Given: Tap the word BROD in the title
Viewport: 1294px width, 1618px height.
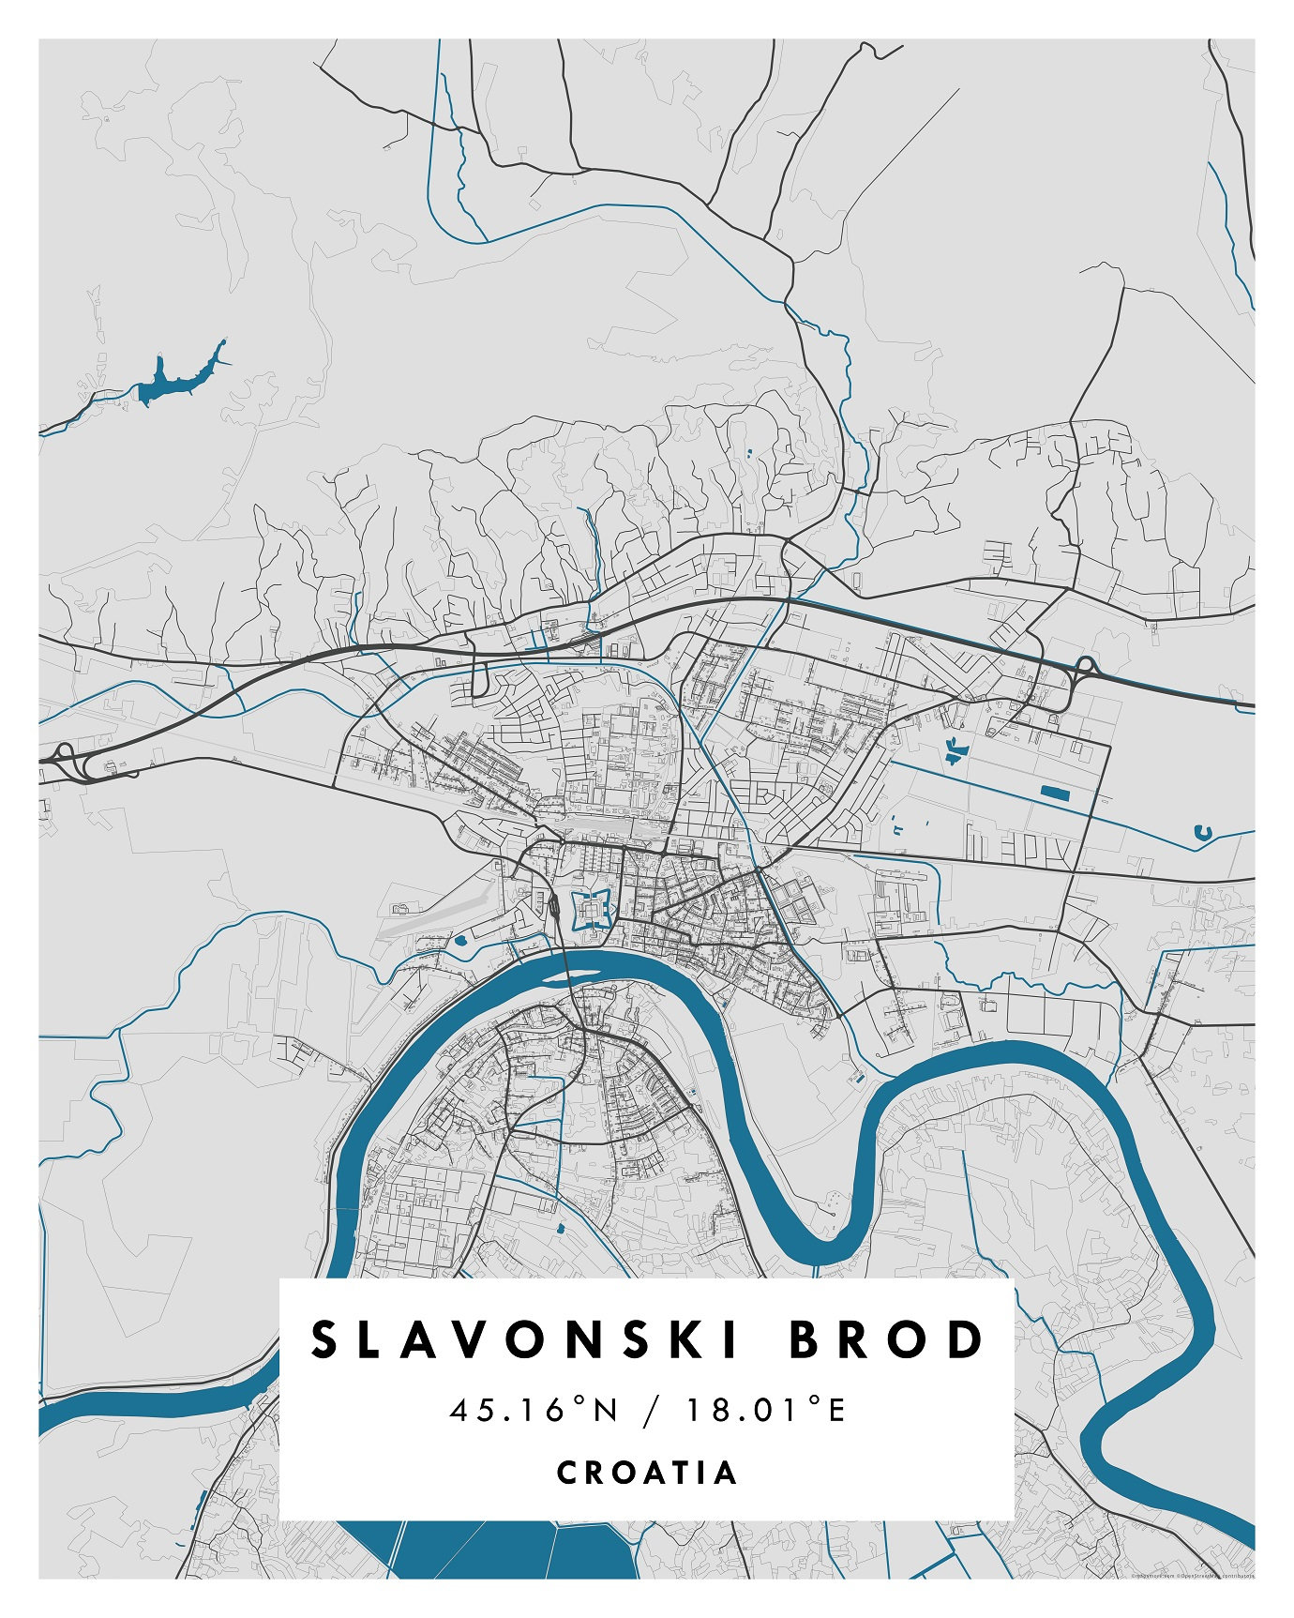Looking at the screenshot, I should pos(886,1340).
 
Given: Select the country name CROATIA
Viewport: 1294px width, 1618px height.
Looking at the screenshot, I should pos(647,1472).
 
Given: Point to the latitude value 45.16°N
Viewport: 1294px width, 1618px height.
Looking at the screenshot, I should pos(534,1410).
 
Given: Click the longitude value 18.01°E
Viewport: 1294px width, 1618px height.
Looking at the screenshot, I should pos(766,1410).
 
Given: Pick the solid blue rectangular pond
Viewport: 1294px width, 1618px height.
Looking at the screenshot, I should pos(1054,794).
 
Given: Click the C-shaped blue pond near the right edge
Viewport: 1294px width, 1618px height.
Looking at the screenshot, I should pos(1201,831).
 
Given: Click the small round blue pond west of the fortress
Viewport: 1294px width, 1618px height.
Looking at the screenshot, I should pos(461,938).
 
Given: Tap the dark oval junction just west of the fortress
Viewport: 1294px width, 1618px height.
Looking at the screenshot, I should pos(554,908).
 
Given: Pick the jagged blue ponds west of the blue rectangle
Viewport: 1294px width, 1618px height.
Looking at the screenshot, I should pos(955,749).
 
